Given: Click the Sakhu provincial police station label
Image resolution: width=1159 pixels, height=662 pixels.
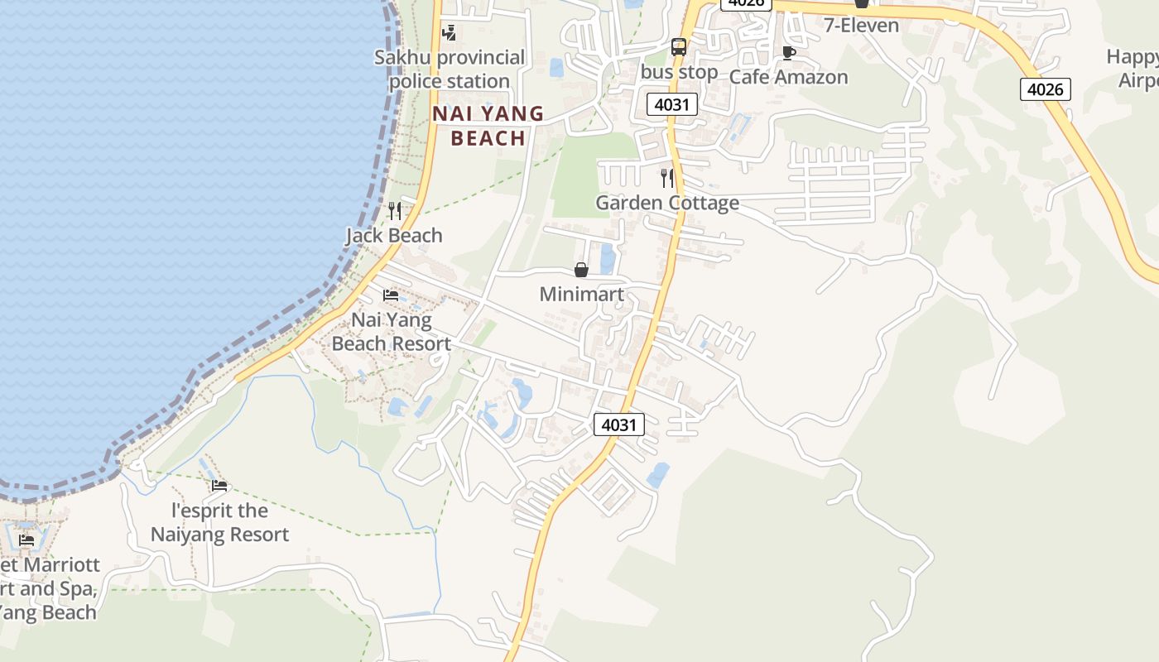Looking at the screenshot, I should (450, 70).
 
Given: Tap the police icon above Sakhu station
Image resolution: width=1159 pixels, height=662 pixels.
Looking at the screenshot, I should (449, 33).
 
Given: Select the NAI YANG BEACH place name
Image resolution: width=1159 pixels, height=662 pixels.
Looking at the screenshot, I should (488, 126).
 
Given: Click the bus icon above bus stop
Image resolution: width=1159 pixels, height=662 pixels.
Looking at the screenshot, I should (679, 47).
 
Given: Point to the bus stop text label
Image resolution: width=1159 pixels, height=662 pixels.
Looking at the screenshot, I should (679, 72).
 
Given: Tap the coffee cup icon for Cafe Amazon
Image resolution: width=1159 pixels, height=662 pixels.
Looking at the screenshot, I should (789, 53).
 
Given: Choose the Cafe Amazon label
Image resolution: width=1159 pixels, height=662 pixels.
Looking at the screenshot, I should (788, 77).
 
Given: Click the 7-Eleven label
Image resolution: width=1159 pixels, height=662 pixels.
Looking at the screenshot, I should (861, 26).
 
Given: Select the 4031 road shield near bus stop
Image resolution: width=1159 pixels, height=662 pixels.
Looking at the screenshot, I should (671, 104).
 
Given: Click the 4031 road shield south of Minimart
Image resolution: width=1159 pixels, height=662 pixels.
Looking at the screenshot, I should (618, 425).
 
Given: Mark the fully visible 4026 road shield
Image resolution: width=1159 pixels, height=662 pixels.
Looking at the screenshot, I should (1045, 89).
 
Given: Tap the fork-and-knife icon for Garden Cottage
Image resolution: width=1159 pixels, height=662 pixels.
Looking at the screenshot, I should (667, 178).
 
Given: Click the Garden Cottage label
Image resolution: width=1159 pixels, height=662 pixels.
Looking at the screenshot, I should (667, 203).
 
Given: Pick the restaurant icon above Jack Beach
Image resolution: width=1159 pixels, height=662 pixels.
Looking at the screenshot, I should (395, 211).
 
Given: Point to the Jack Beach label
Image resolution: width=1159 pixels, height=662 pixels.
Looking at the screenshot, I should (394, 236).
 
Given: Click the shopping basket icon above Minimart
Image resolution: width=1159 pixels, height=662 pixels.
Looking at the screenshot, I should (581, 270).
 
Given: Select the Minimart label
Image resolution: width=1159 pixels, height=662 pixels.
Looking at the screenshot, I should (581, 295).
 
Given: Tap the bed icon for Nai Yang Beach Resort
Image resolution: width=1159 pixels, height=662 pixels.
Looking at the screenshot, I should (391, 295).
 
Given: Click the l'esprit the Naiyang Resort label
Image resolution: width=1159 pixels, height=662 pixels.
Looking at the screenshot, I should (219, 522).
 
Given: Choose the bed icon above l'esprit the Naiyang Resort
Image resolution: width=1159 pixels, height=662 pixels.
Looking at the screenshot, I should (219, 486).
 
